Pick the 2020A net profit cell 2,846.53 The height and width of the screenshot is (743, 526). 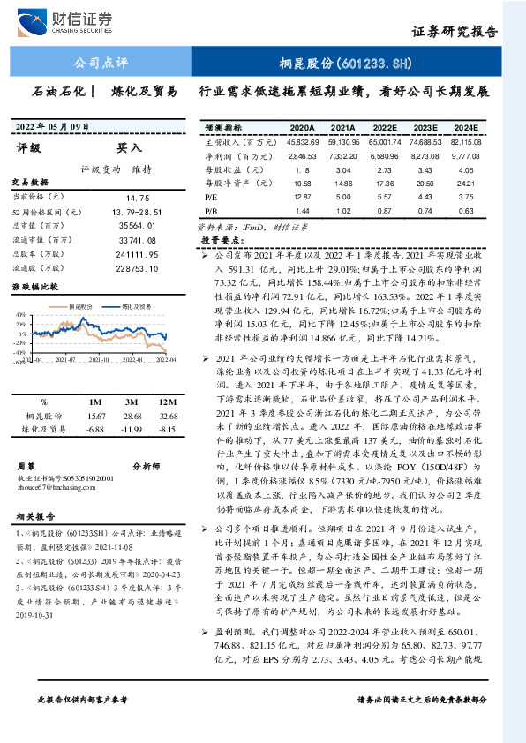tap(301, 154)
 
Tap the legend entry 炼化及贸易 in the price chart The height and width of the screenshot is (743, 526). tap(139, 305)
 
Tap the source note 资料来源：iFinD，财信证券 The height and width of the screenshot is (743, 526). tap(245, 226)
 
